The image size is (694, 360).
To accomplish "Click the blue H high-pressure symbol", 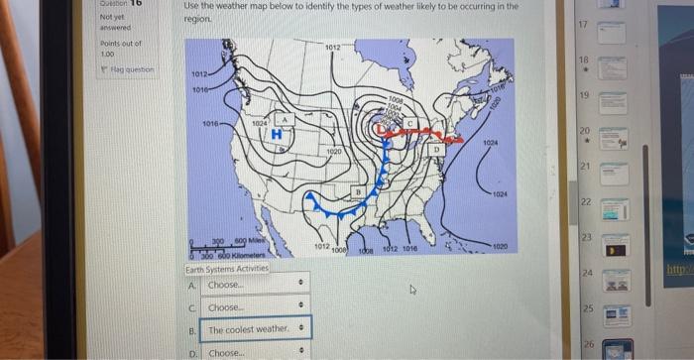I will (x=278, y=134).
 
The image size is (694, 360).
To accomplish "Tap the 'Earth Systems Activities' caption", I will (x=226, y=269).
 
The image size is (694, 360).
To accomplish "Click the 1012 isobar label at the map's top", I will (x=332, y=47).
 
